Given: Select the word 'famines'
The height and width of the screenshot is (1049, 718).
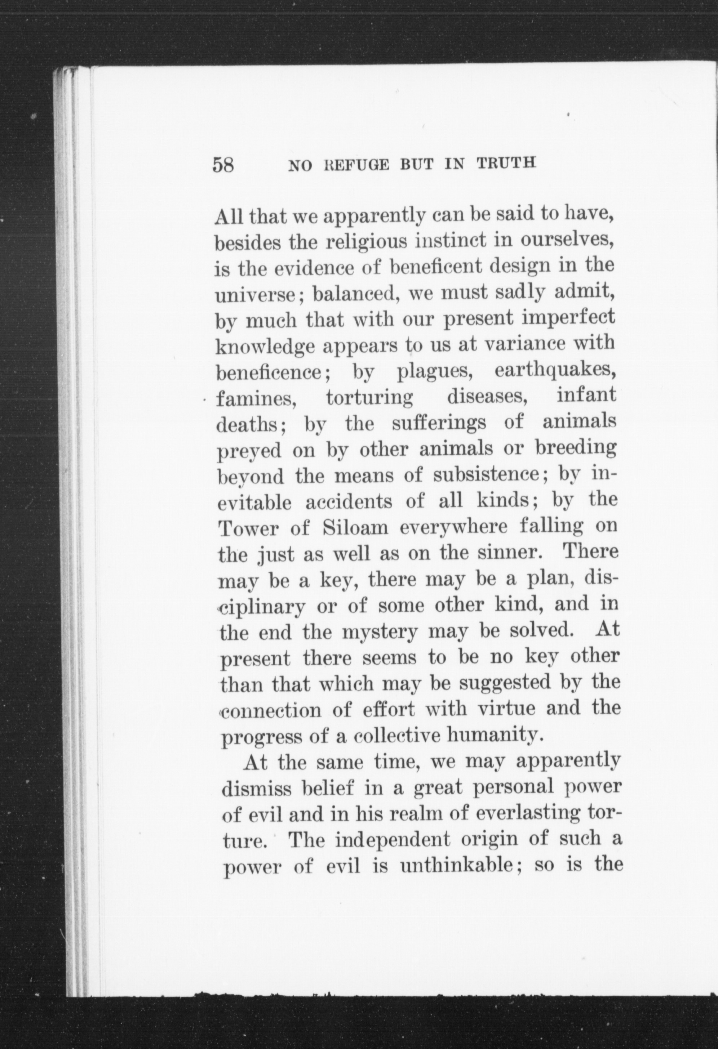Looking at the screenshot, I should point(256,399).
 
